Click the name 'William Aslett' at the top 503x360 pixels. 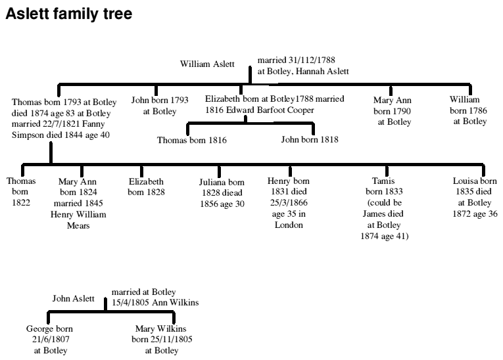tap(207, 64)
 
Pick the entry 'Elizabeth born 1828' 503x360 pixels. tap(146, 187)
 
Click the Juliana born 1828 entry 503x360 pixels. tap(222, 192)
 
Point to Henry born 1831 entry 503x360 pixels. tap(289, 202)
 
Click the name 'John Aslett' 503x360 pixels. tap(74, 299)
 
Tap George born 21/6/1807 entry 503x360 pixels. tap(49, 339)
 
